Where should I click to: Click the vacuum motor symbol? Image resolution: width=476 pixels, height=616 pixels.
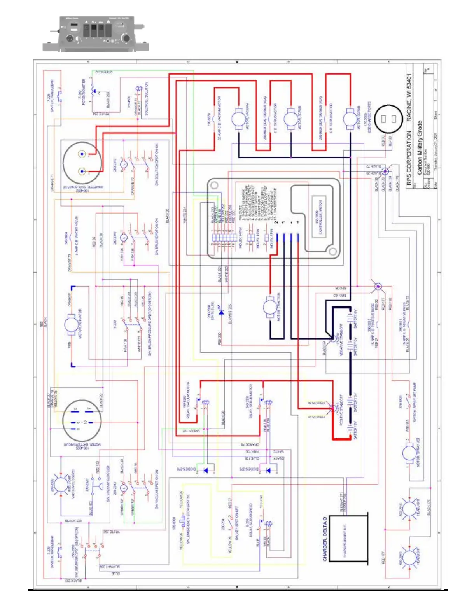coord(238,119)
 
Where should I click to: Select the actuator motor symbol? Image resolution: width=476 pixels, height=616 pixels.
coord(71,325)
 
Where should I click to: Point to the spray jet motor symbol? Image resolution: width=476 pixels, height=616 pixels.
coord(409,454)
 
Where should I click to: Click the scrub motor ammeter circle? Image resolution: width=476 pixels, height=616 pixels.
coord(82,163)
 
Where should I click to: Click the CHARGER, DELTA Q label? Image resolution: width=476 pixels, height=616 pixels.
coord(325,539)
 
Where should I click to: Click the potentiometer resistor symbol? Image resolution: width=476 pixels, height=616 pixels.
coord(93,91)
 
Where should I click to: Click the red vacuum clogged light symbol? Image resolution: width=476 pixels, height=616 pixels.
coord(61,485)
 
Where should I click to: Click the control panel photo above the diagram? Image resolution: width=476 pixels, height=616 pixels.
coord(95,33)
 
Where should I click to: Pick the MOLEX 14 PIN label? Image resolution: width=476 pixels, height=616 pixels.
coord(240,238)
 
